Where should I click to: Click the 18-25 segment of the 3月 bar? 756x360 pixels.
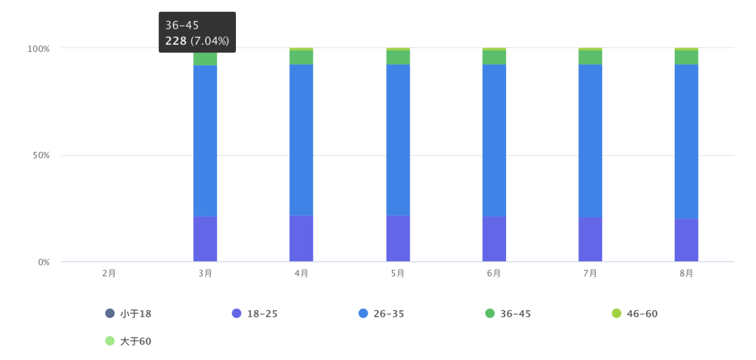point(205,239)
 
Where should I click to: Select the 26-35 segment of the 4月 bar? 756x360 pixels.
point(301,139)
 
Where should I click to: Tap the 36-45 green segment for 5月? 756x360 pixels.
point(398,57)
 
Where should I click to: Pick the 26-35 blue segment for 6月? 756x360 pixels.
point(494,139)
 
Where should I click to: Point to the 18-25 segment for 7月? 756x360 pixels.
point(590,239)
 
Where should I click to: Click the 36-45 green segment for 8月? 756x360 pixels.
point(686,57)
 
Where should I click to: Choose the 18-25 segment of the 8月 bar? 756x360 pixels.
point(686,240)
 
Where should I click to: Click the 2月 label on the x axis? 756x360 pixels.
point(108,273)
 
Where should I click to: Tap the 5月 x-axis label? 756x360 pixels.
point(398,273)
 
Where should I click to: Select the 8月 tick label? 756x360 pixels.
point(686,273)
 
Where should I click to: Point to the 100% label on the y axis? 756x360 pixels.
point(38,48)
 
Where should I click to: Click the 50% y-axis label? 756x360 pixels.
point(41,155)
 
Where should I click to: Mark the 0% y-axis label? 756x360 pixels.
point(43,262)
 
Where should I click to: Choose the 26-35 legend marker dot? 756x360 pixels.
point(363,313)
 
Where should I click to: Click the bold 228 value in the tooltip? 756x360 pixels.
point(176,41)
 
